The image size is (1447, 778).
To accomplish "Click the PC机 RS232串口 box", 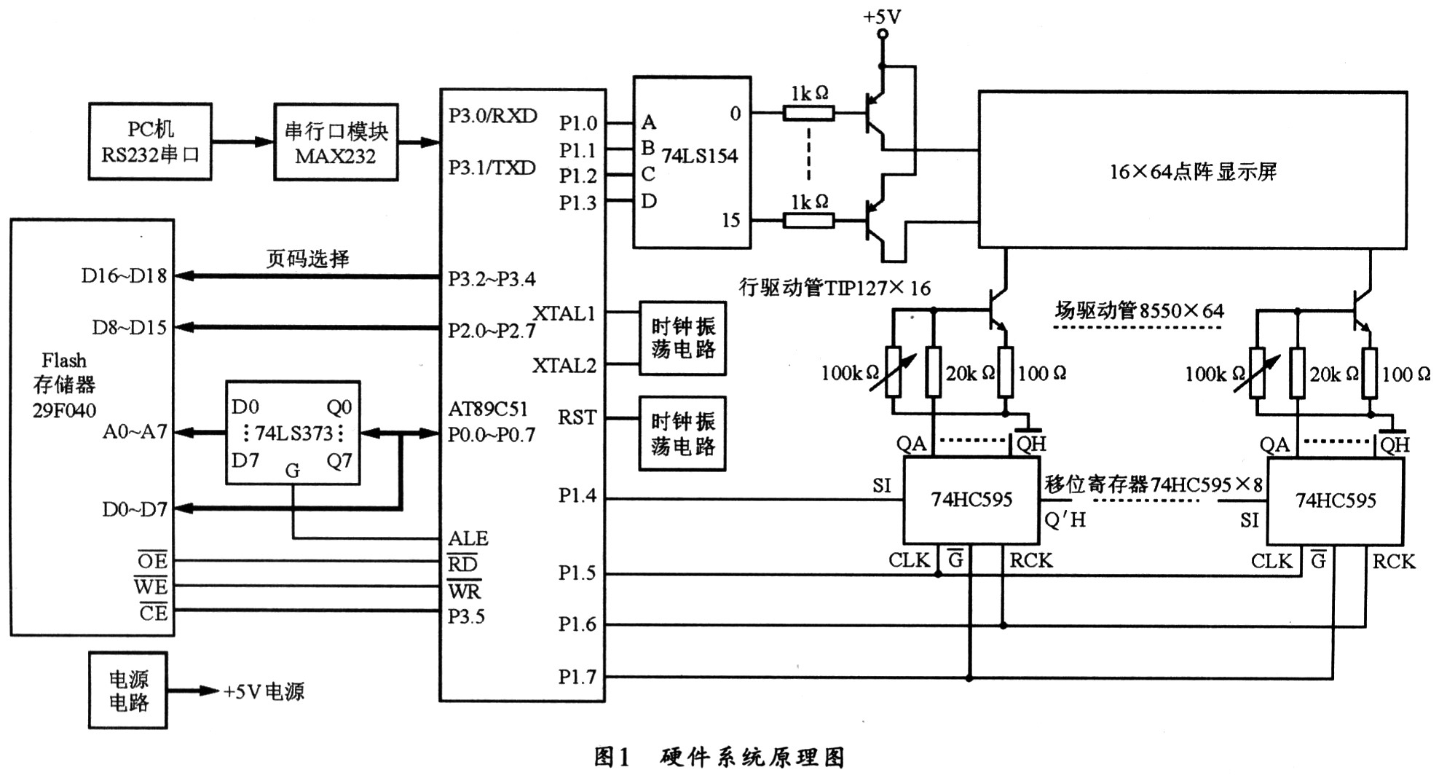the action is coord(150,141).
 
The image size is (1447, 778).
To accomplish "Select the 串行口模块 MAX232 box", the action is coord(336,142).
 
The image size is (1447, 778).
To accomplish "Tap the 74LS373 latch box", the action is coord(293,433).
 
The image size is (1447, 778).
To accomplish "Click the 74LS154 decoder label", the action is coord(699,155).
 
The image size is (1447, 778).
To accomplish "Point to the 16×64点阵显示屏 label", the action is coord(1193,172).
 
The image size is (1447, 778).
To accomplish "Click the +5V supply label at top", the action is coord(882,16).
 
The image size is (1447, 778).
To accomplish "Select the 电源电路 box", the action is coord(128,691).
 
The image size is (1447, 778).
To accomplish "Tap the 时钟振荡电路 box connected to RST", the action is coord(682,433).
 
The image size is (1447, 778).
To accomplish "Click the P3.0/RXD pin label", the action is coord(492,116).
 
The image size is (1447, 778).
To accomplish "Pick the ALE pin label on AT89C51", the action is coord(468,538).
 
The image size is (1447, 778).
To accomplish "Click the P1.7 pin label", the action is coord(577,677).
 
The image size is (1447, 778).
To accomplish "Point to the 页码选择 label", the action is coord(307,259).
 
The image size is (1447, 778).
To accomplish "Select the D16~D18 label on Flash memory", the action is coord(125,276).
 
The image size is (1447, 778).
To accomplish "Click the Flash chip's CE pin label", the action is coord(153,613).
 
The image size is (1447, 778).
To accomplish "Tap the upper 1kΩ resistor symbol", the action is coord(808,113).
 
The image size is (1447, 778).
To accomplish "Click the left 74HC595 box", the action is coord(971,500).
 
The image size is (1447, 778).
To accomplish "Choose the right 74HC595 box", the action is coord(1336,500).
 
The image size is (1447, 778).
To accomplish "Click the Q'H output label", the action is coord(1065,519).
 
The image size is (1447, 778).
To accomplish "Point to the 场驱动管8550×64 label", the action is coord(1140,311).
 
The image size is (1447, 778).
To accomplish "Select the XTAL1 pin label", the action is coord(564,313).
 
